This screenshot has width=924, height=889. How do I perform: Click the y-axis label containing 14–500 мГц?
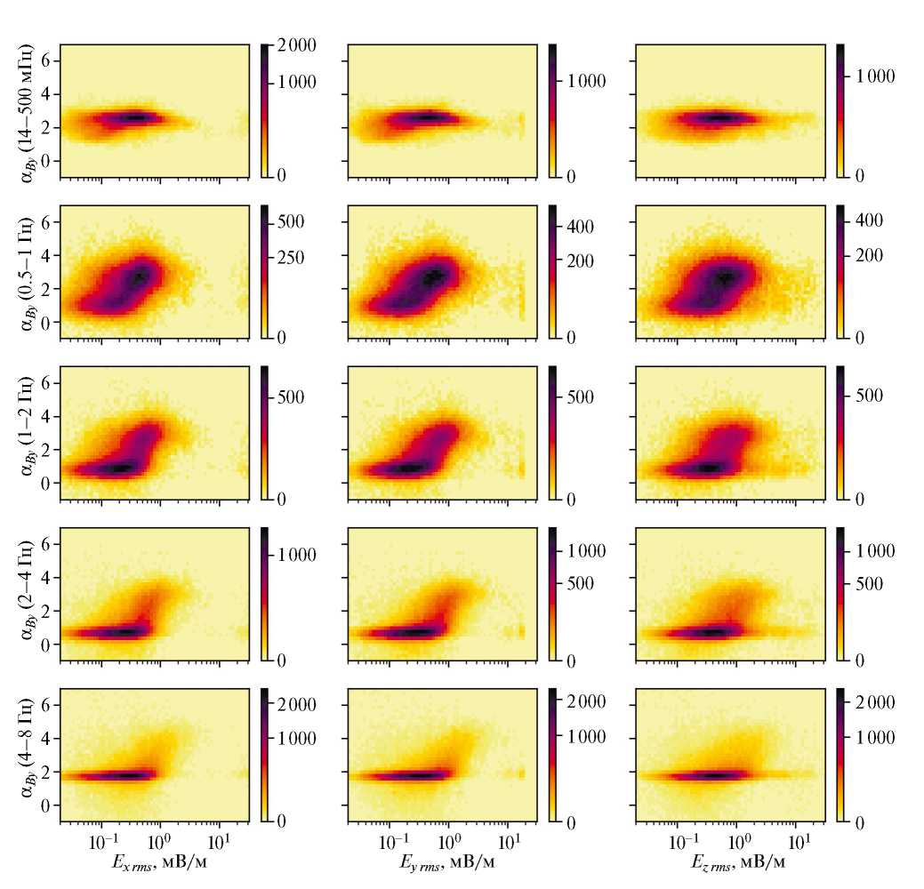click(x=26, y=111)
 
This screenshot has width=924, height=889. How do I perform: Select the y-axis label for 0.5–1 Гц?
click(x=26, y=272)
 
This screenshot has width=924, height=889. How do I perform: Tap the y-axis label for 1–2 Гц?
click(x=26, y=433)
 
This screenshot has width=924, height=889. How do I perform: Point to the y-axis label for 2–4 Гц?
click(x=26, y=594)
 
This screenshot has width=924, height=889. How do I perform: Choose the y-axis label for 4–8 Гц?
click(x=26, y=755)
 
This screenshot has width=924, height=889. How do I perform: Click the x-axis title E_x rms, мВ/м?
click(x=155, y=861)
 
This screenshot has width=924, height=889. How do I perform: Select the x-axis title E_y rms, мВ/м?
click(x=443, y=861)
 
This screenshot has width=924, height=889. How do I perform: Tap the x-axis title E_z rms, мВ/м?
click(x=730, y=861)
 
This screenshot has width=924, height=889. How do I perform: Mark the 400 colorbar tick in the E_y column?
click(x=580, y=227)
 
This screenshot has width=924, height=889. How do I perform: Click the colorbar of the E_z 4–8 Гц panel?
click(x=842, y=755)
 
